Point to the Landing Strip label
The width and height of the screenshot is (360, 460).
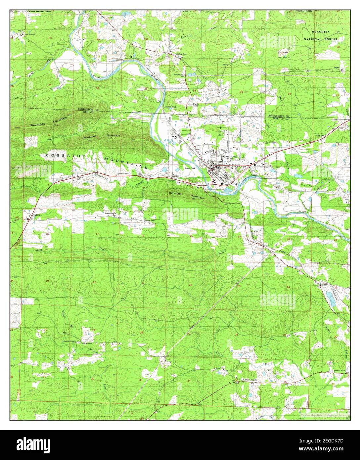[181, 54]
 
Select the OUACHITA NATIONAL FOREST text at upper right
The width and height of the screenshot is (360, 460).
[321, 35]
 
